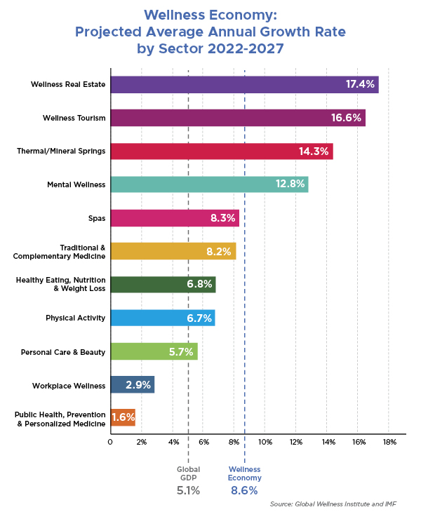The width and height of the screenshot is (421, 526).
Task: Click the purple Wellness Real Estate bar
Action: pyautogui.click(x=245, y=85)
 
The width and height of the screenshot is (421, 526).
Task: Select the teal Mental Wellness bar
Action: pyautogui.click(x=210, y=184)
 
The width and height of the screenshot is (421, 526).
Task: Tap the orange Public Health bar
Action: pyautogui.click(x=123, y=418)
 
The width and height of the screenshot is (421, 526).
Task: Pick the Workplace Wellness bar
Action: pyautogui.click(x=133, y=384)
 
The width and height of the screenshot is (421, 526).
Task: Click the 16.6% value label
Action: pyautogui.click(x=346, y=118)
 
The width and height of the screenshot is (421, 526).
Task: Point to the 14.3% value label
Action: pyautogui.click(x=314, y=151)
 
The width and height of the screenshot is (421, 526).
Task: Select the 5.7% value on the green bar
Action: pyautogui.click(x=181, y=351)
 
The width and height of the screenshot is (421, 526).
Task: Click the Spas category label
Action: pyautogui.click(x=97, y=218)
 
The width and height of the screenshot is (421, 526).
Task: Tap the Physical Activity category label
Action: pyautogui.click(x=76, y=318)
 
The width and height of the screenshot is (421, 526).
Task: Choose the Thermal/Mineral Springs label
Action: pyautogui.click(x=61, y=151)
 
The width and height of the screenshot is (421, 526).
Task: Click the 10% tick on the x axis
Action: pyautogui.click(x=265, y=442)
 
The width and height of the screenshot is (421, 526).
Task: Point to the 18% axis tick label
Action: pyautogui.click(x=389, y=442)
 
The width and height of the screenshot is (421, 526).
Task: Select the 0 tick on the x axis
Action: pyautogui.click(x=110, y=442)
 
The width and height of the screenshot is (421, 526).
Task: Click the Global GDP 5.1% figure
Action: pyautogui.click(x=188, y=490)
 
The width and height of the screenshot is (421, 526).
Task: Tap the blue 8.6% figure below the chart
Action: pyautogui.click(x=244, y=490)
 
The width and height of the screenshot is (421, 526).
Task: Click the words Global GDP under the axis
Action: pyautogui.click(x=188, y=473)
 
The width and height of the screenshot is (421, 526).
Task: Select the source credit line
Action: pyautogui.click(x=333, y=504)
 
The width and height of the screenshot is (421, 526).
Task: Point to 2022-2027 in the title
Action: pyautogui.click(x=246, y=48)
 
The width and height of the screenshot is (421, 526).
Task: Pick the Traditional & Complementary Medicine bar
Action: pyautogui.click(x=173, y=251)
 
